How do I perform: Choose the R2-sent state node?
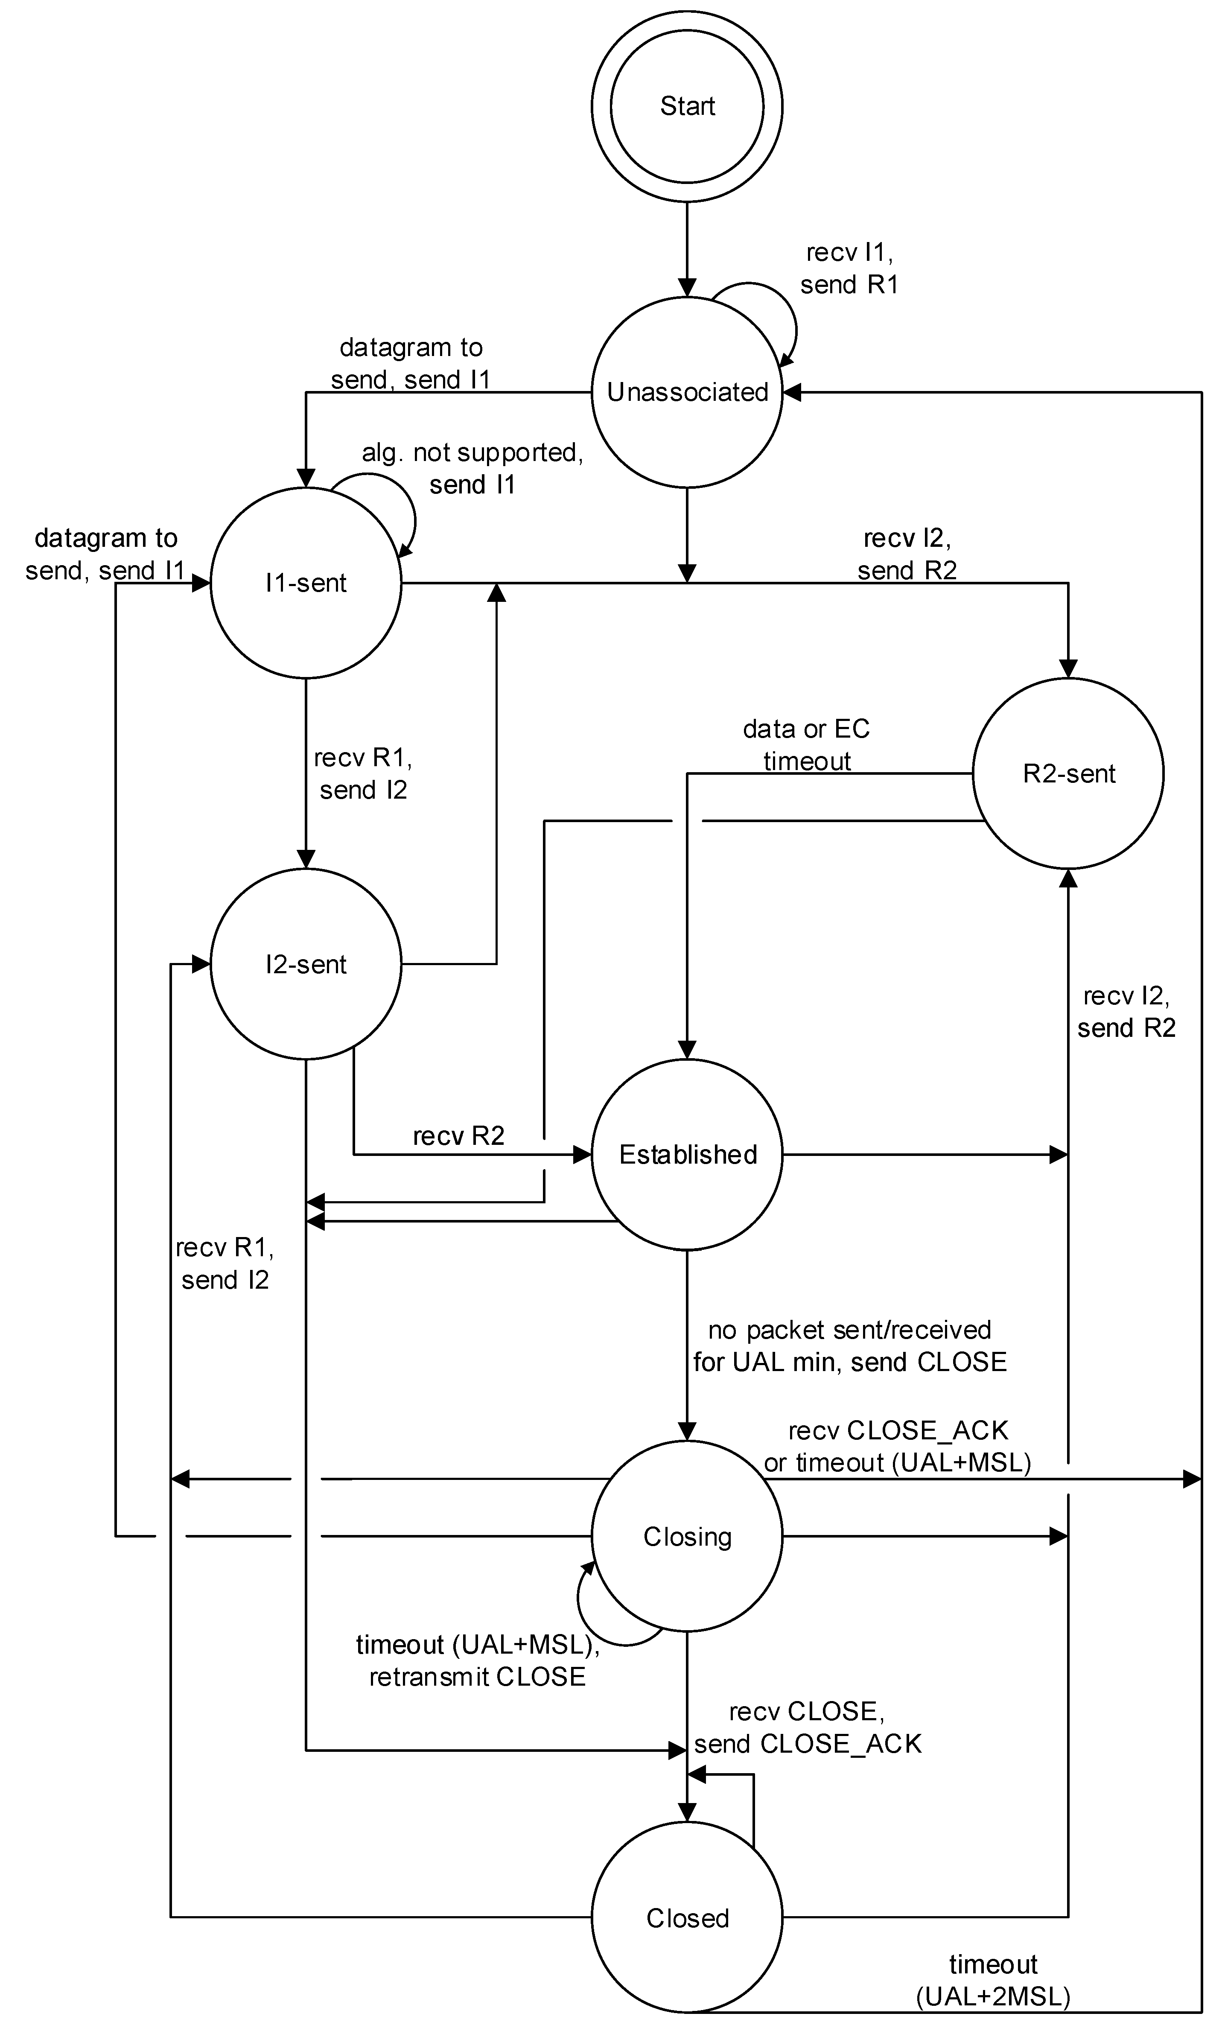1067,773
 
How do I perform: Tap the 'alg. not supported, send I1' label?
472,468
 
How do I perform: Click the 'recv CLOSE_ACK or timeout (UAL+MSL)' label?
897,1446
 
